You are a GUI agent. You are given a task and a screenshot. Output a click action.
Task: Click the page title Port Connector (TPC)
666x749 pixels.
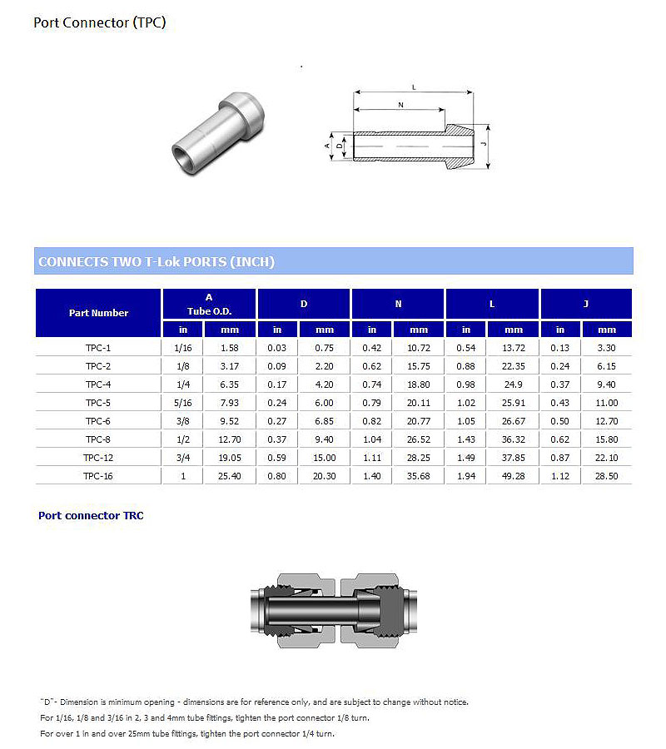click(x=99, y=22)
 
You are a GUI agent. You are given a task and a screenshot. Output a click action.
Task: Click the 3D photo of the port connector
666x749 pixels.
click(x=218, y=132)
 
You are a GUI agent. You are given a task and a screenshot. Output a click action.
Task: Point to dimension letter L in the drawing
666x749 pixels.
click(x=414, y=87)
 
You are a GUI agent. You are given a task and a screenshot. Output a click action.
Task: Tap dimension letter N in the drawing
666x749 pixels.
click(x=400, y=105)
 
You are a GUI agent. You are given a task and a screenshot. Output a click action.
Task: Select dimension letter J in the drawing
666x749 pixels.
click(x=484, y=144)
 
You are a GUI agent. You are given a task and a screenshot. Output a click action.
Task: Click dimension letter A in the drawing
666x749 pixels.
click(x=326, y=145)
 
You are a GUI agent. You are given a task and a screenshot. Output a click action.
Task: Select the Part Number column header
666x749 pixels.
click(x=98, y=313)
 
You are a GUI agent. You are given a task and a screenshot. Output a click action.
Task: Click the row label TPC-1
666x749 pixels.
click(x=98, y=347)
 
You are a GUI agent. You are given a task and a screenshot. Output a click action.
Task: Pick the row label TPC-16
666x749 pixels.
click(x=98, y=476)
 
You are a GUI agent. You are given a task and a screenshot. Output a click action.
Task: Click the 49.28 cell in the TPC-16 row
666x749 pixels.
click(x=514, y=476)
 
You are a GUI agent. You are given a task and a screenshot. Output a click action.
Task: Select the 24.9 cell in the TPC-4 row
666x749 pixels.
click(x=514, y=384)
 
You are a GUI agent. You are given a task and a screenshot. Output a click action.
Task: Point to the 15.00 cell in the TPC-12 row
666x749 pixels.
click(x=325, y=458)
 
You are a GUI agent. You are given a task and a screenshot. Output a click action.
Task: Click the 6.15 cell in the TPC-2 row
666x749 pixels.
click(x=608, y=366)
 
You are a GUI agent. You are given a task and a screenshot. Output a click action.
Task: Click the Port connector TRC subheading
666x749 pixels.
click(x=91, y=516)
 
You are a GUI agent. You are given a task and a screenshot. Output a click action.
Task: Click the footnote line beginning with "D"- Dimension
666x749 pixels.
click(x=254, y=702)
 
